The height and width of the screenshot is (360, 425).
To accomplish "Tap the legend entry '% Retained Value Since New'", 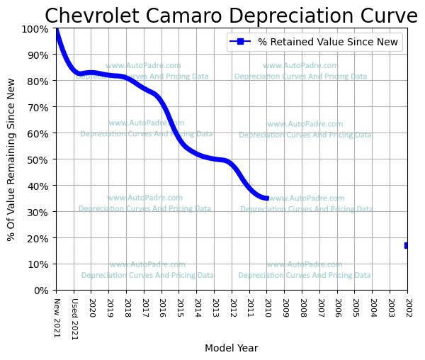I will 329,43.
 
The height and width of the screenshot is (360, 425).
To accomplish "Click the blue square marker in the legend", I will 241,43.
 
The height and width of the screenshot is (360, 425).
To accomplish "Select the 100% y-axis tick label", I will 35,28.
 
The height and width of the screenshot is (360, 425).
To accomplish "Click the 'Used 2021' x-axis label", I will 74,317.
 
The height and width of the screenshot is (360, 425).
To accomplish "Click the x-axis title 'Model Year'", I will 231,348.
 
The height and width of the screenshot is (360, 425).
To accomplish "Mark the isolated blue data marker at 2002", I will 407,245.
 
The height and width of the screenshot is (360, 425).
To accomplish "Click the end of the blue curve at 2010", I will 266,198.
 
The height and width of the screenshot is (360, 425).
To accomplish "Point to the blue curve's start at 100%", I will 57,30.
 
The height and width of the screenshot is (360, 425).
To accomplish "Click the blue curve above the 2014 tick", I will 197,154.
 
